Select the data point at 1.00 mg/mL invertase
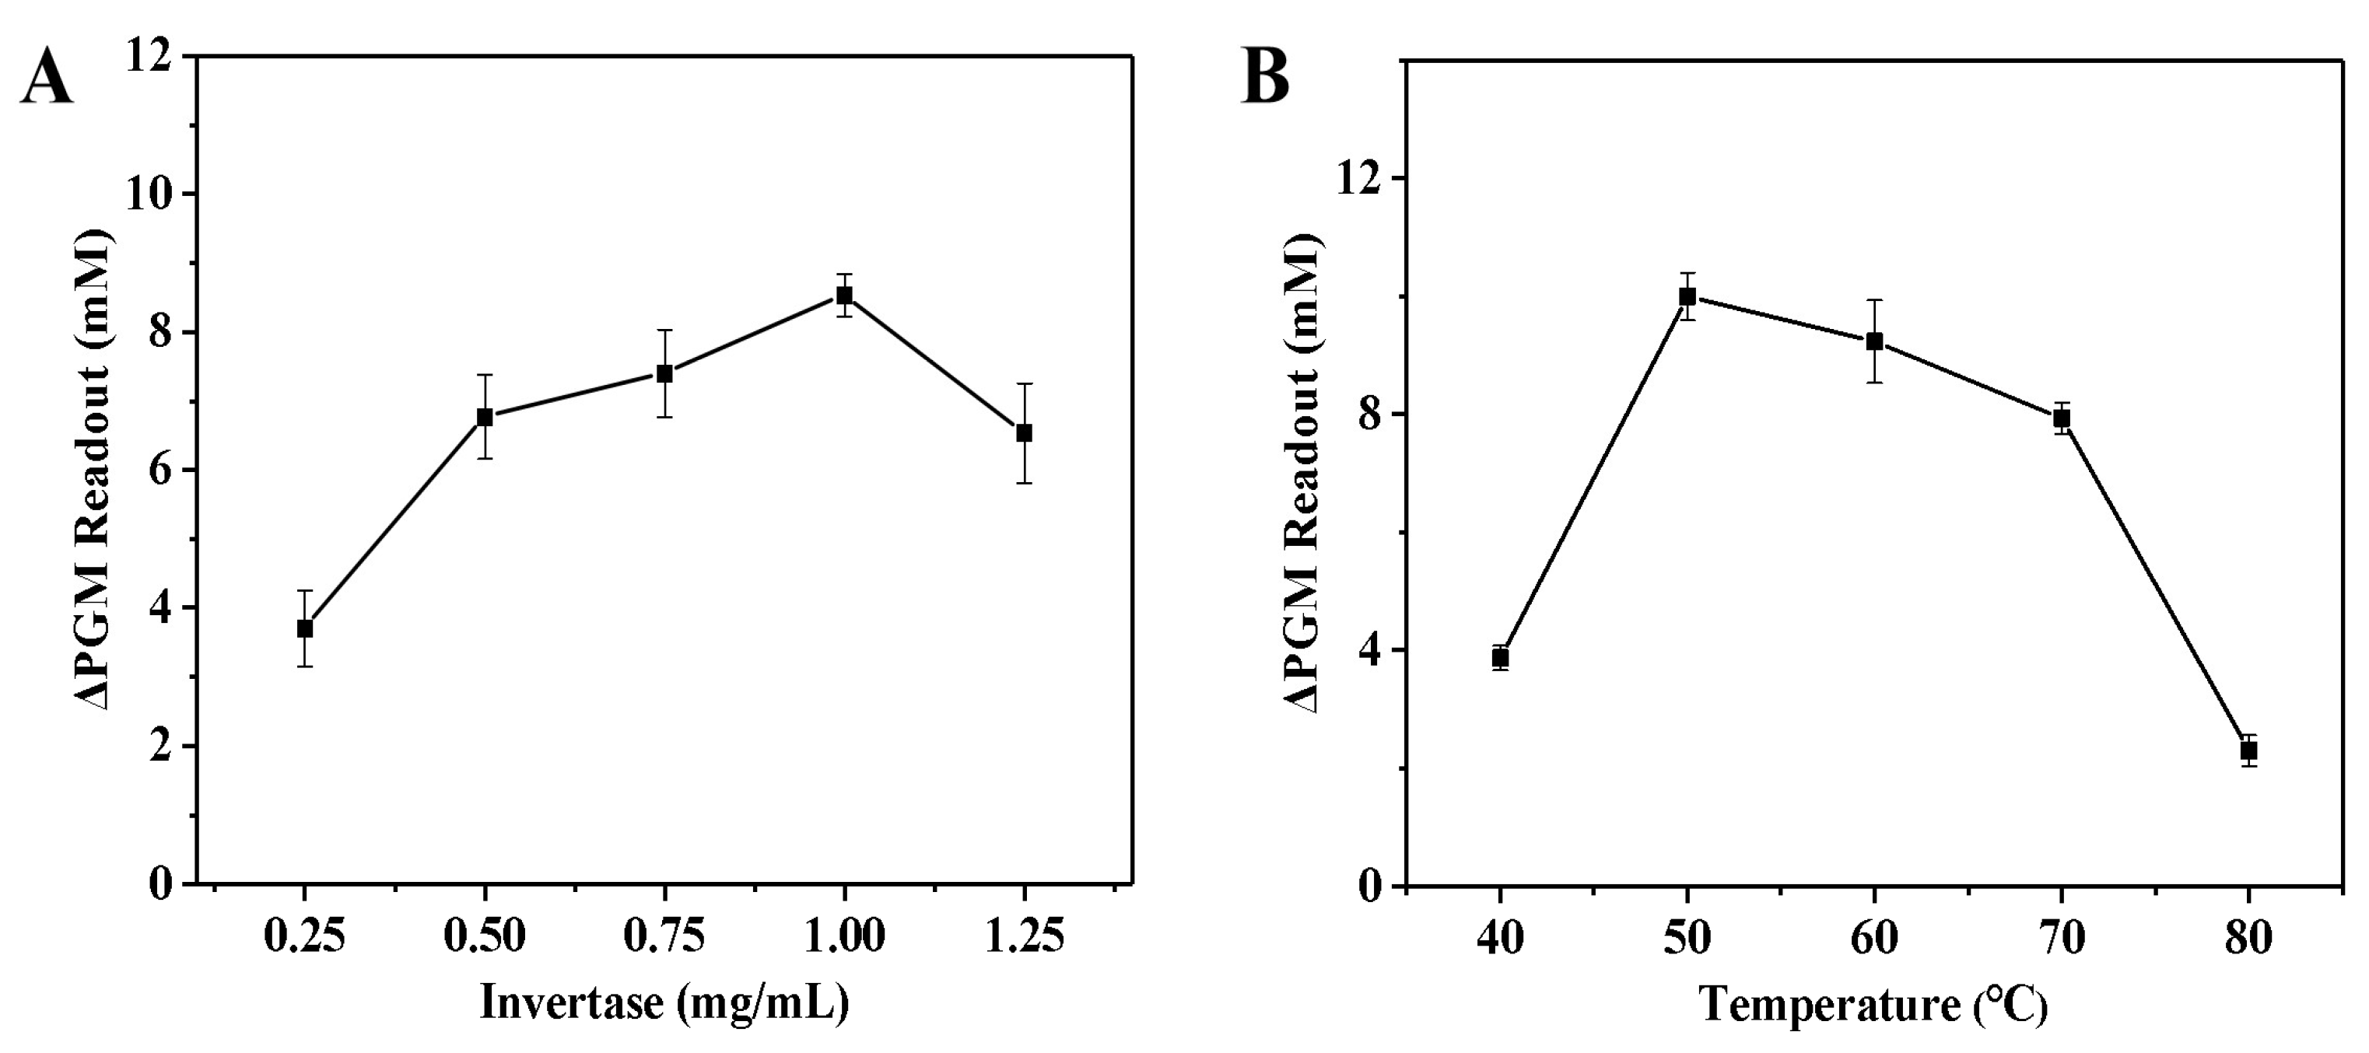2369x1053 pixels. (844, 296)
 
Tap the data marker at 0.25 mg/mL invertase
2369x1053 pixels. (304, 629)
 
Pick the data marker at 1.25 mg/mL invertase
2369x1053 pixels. (1024, 433)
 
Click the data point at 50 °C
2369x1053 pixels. (1687, 296)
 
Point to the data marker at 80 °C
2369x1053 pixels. (2248, 750)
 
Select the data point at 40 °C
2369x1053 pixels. (1501, 658)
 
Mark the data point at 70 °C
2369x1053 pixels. (2062, 418)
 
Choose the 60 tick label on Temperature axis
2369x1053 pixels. (1874, 939)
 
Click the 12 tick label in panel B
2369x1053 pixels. (1358, 178)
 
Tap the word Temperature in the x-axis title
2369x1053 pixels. (1829, 1006)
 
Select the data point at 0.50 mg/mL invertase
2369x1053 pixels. (485, 417)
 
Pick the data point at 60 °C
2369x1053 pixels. (1874, 341)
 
